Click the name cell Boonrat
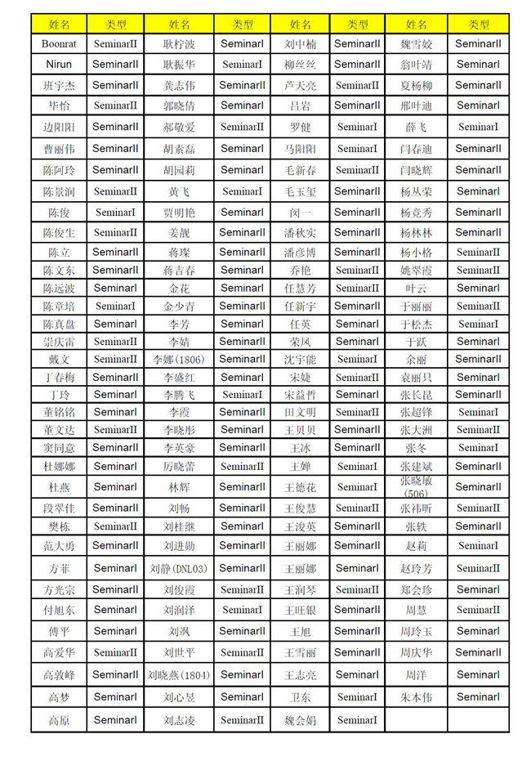(x=59, y=44)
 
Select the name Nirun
(x=59, y=64)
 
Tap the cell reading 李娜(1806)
(x=179, y=359)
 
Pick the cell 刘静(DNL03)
(x=179, y=568)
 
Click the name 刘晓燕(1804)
(x=179, y=675)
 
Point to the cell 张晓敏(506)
(x=416, y=486)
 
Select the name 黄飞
(x=179, y=191)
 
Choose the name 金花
(x=179, y=288)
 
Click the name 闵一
(x=300, y=212)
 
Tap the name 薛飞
(x=416, y=127)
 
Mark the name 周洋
(x=416, y=675)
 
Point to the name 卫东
(x=300, y=697)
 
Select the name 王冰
(x=300, y=448)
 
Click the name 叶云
(x=416, y=288)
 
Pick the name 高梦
(x=59, y=697)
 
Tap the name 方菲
(x=59, y=568)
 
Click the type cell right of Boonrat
(x=115, y=44)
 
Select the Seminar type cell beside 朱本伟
(x=479, y=697)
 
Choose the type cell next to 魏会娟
(x=357, y=720)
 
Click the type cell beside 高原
(x=115, y=720)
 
